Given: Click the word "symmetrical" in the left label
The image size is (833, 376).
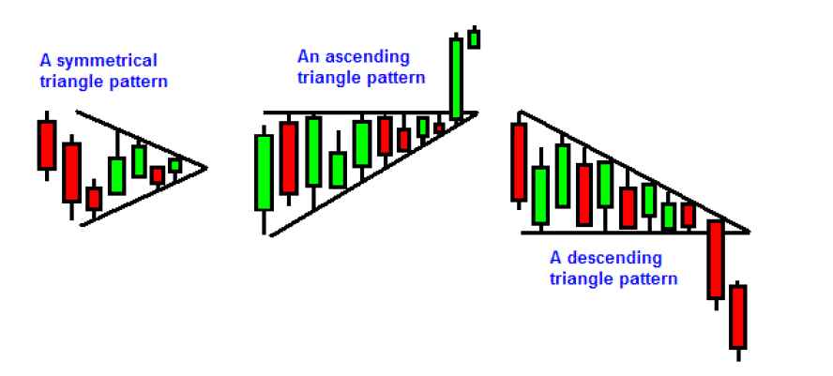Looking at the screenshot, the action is coord(106,61).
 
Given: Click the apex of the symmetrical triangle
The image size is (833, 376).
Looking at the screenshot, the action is coord(206,168).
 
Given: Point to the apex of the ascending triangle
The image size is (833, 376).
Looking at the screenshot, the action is coord(477,113).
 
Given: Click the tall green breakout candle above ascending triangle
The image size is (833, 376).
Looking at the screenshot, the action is coord(456,79).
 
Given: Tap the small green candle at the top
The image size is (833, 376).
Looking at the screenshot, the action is coord(474,38).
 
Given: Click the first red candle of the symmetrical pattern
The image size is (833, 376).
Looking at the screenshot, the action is coord(47,145).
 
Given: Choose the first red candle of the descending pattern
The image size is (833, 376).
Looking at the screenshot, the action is coord(519,162).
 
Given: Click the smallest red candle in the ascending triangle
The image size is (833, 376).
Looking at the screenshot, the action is coord(439,128).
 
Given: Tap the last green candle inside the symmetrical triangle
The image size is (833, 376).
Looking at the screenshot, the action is coord(174,166).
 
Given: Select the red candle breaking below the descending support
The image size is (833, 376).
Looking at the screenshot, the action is coord(716,260).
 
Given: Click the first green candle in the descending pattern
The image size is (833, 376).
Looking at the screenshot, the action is coord(540,195).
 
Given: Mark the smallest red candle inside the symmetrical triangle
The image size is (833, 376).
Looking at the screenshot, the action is coord(157,175).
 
